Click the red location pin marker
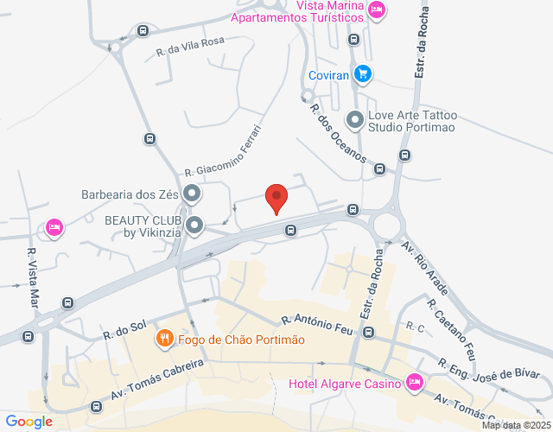point(276,198)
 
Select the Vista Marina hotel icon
point(376,10)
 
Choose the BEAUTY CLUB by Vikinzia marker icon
point(195,226)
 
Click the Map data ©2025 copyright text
point(515,425)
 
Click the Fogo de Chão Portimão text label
point(242,339)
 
